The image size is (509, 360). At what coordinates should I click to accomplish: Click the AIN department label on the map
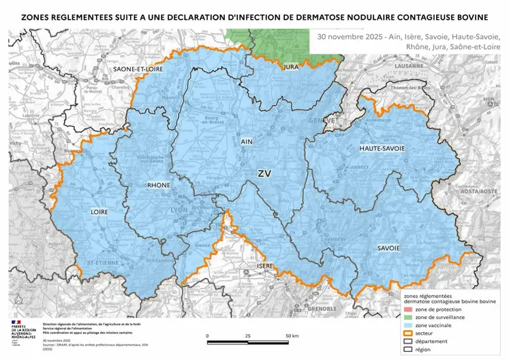click(247, 142)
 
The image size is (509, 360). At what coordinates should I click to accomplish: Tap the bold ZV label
click(264, 175)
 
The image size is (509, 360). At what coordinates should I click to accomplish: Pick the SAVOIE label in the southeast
click(388, 247)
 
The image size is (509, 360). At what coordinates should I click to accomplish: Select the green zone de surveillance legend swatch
click(409, 318)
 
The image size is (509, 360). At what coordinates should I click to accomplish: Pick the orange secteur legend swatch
click(409, 335)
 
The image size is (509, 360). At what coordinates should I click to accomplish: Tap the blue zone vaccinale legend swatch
click(409, 327)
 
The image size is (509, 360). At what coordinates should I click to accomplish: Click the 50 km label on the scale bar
click(292, 336)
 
